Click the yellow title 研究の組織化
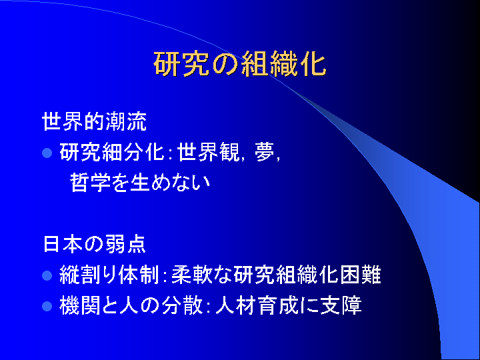point(240,64)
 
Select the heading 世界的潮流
point(94,121)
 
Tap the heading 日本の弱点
point(94,244)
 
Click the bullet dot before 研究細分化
point(47,153)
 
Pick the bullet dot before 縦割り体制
point(47,275)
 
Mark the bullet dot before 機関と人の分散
point(47,306)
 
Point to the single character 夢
point(264,152)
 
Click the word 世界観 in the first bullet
point(209,152)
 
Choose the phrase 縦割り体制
point(109,275)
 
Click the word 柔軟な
point(202,275)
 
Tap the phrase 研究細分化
point(112,152)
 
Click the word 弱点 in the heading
point(126,244)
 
